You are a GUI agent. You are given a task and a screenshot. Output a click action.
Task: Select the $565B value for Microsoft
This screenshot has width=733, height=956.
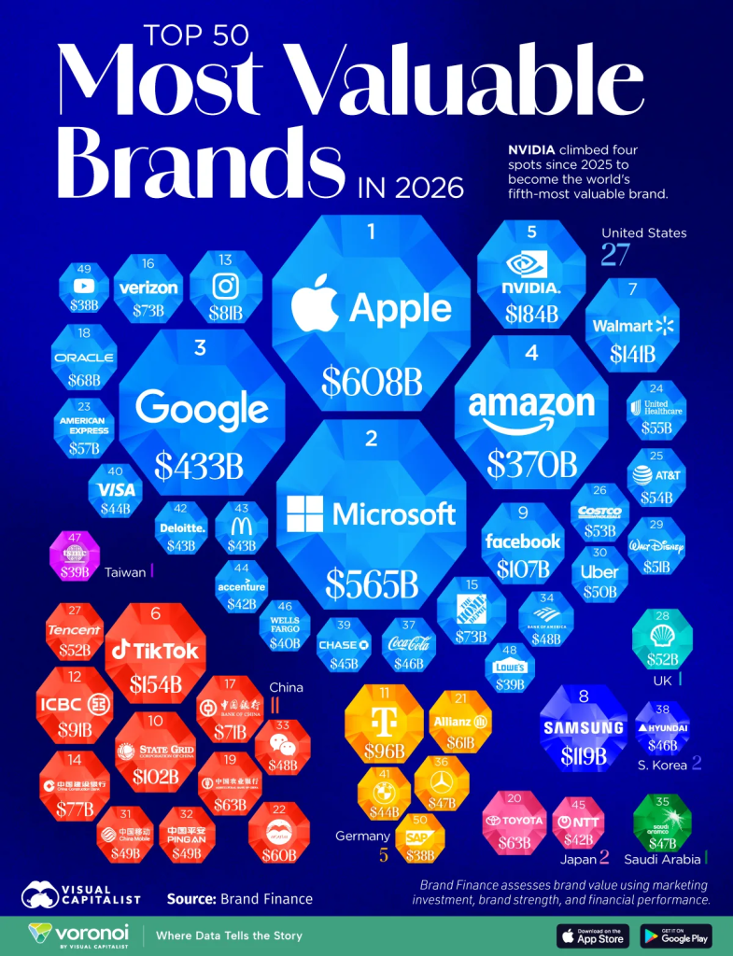(x=371, y=583)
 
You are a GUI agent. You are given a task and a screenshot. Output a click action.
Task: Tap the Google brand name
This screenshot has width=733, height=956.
(x=202, y=409)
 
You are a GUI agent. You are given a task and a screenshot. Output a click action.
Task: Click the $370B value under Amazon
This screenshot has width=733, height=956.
(x=531, y=463)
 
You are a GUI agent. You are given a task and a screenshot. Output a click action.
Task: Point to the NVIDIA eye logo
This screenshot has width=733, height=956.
(x=531, y=260)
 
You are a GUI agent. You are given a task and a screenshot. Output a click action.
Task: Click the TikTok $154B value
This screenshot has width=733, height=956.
(x=156, y=684)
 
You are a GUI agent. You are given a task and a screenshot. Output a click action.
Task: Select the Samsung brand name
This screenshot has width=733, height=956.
(x=585, y=728)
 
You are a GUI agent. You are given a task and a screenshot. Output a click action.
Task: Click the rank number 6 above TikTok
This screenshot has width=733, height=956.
(x=156, y=613)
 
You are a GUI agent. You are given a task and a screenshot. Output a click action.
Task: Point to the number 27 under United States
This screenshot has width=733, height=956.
(x=615, y=255)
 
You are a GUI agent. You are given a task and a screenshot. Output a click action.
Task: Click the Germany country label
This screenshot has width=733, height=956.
(x=363, y=836)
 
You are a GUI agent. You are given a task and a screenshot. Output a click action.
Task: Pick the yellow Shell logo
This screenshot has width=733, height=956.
(x=662, y=634)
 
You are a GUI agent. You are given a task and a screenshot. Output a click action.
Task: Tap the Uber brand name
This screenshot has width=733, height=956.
(x=599, y=571)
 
